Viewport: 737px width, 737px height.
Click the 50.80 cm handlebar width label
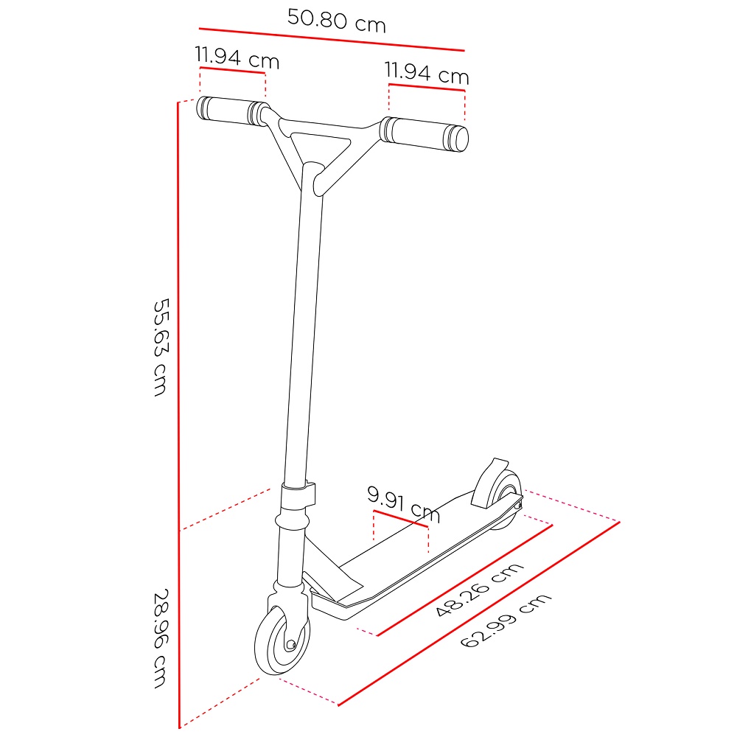[x=337, y=21]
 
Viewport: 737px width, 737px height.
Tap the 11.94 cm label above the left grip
[x=237, y=57]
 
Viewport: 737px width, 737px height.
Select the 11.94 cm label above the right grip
[x=427, y=73]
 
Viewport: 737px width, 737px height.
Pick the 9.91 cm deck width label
[x=403, y=504]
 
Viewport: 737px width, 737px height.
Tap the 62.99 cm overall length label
[x=506, y=621]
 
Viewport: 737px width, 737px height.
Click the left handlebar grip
[x=231, y=111]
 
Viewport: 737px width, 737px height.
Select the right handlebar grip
[x=425, y=134]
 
